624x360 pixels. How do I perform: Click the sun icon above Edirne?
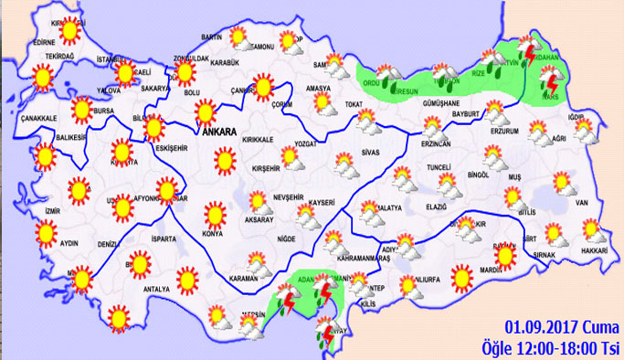[68, 32]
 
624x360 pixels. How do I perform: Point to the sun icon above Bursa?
[81, 111]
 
